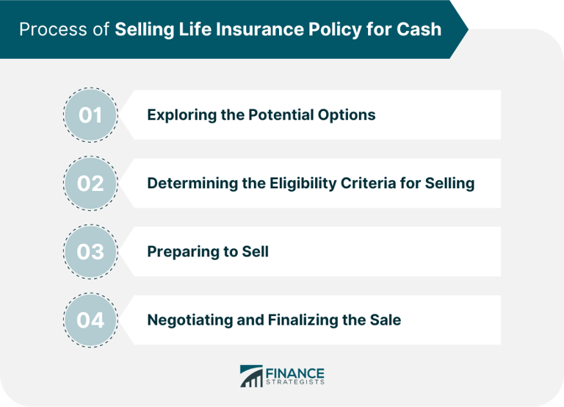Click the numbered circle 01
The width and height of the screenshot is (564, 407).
90,115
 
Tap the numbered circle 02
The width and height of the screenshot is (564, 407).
90,183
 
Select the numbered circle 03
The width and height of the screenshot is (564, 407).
90,251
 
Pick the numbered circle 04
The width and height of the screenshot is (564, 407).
90,320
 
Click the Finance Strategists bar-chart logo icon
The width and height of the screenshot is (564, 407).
250,376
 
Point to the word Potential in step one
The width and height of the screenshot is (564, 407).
278,115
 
